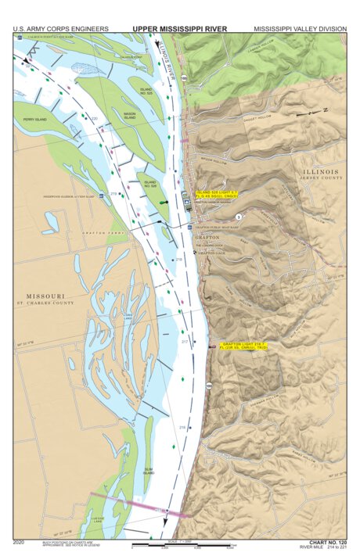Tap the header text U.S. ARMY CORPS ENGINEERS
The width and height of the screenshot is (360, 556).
[x=60, y=28]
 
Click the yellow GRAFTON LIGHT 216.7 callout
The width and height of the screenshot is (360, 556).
[x=243, y=345]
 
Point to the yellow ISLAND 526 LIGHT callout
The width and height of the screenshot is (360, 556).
[x=216, y=192]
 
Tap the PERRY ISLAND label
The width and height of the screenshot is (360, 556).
[x=34, y=120]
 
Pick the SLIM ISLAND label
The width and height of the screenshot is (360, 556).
[x=148, y=472]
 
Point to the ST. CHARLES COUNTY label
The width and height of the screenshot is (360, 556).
[x=46, y=303]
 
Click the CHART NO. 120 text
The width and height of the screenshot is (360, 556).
[x=328, y=541]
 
